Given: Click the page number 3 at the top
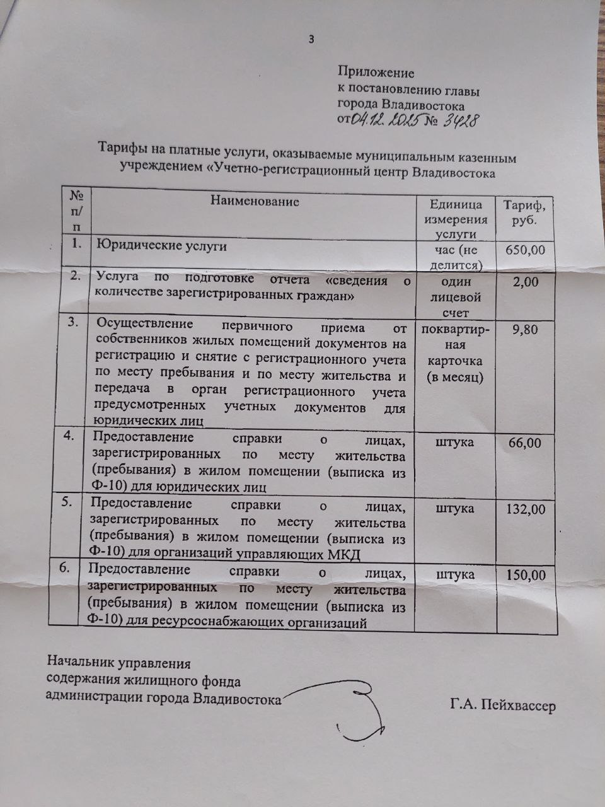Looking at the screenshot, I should pyautogui.click(x=311, y=40).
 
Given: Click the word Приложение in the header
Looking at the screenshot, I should pyautogui.click(x=376, y=73).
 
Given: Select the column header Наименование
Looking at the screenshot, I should pyautogui.click(x=255, y=202).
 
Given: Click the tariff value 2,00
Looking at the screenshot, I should pyautogui.click(x=526, y=282).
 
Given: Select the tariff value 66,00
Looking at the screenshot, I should pyautogui.click(x=524, y=443).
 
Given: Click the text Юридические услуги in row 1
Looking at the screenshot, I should pyautogui.click(x=161, y=247).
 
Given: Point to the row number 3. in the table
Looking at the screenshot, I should pyautogui.click(x=74, y=322).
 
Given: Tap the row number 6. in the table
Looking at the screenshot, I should pyautogui.click(x=65, y=568).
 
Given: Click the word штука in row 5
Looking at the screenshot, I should pyautogui.click(x=454, y=508).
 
